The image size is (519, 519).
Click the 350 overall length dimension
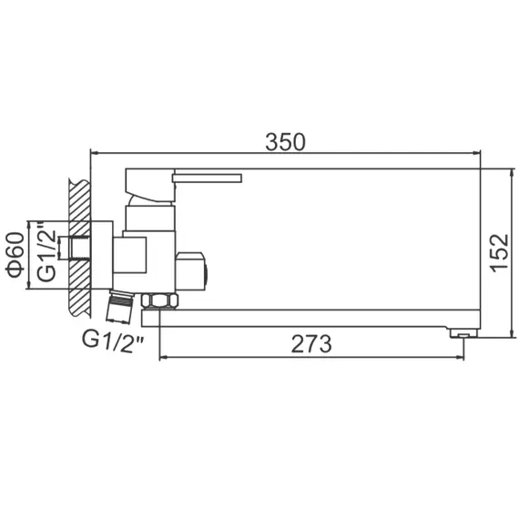click(x=285, y=142)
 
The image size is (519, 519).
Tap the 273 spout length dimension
click(x=311, y=344)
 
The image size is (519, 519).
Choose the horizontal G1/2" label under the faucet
click(x=113, y=341)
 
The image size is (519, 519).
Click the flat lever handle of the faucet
click(x=208, y=176)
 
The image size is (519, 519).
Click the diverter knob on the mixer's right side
click(x=194, y=270)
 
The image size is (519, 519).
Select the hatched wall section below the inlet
click(x=79, y=298)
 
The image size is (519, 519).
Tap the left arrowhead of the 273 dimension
click(x=164, y=357)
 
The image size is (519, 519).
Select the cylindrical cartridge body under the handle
click(x=148, y=218)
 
